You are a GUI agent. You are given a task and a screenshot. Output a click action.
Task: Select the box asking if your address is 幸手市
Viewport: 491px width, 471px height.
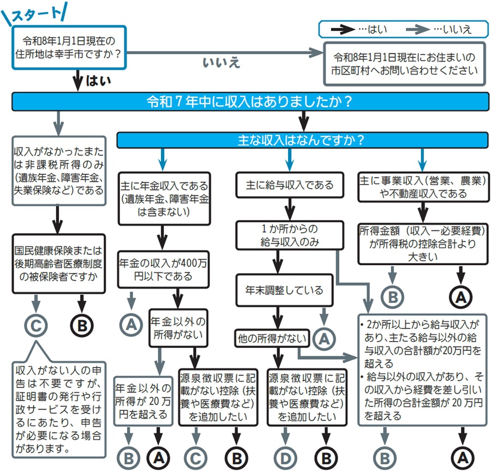[x=69, y=48]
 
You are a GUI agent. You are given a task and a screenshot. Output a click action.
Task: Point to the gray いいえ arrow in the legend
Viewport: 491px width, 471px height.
[x=416, y=29]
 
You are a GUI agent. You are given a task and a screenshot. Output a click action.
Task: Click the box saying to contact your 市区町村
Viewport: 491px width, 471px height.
[x=405, y=63]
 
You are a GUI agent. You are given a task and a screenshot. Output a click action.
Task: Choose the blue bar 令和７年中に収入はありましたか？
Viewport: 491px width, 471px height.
[x=250, y=102]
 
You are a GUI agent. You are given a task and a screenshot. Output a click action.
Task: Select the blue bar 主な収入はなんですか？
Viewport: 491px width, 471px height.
[x=301, y=140]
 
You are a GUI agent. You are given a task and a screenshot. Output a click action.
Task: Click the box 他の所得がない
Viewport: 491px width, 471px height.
[x=272, y=338]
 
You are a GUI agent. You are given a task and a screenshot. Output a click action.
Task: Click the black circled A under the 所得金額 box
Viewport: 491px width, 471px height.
[x=460, y=297]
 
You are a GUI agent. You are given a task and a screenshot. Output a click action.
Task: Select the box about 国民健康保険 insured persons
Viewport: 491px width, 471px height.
[x=58, y=263]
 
